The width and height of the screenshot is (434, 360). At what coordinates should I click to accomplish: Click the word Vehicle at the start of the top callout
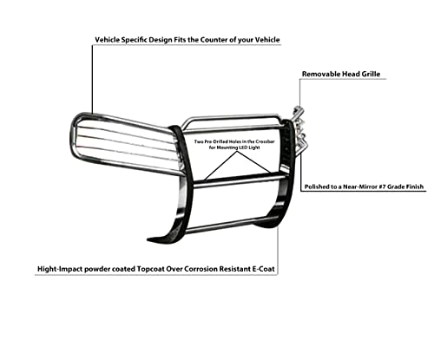(x=107, y=40)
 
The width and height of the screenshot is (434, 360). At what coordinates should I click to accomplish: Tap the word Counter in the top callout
(x=214, y=40)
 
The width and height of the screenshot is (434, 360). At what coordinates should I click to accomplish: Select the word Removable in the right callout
(x=321, y=74)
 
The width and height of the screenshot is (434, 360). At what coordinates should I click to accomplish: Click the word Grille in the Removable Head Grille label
(x=370, y=74)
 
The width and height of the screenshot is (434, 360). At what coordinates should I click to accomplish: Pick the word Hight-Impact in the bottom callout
(x=56, y=269)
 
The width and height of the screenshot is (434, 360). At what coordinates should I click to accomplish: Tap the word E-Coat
(x=264, y=269)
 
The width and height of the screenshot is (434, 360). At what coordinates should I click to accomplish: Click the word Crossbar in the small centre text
(x=266, y=141)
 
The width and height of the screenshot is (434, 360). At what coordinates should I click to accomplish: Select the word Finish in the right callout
(x=414, y=187)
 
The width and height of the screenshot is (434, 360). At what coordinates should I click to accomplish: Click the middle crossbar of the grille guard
(x=237, y=181)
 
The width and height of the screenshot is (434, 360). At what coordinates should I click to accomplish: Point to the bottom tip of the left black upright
(x=148, y=239)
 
